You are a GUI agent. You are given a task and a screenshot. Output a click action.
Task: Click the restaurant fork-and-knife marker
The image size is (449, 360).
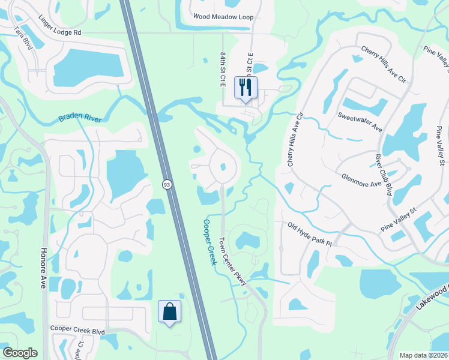(246, 88)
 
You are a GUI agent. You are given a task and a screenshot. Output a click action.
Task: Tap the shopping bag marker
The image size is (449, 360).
(169, 311)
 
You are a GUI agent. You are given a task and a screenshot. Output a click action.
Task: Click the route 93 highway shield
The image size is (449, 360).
(169, 185)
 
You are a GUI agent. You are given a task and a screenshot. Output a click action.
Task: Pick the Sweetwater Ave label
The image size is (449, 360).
(360, 122)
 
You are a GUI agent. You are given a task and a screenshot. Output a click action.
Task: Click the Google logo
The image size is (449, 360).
(20, 353)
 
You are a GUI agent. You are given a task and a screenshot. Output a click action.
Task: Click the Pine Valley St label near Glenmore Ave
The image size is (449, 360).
(399, 220)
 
